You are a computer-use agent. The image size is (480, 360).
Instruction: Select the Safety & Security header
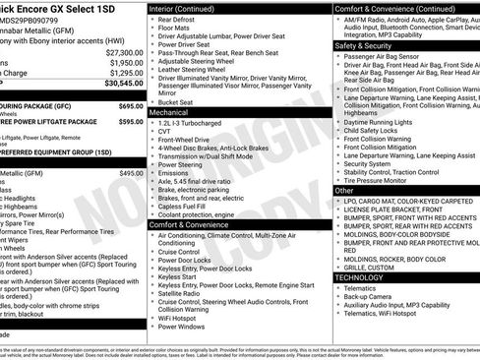[369, 45]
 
